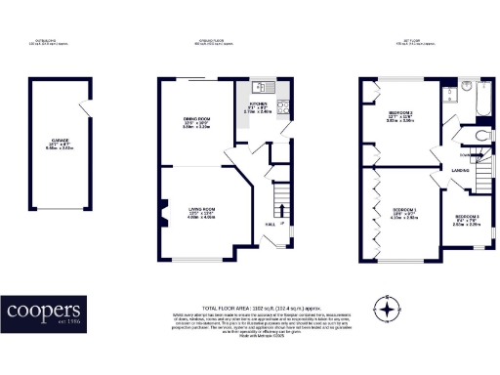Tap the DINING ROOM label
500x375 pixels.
click(x=198, y=119)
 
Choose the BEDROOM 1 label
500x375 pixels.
click(x=404, y=210)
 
